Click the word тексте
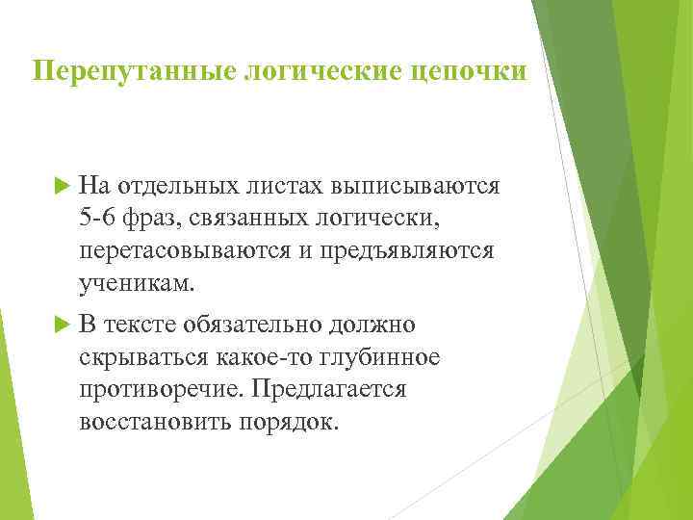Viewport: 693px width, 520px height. point(139,322)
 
